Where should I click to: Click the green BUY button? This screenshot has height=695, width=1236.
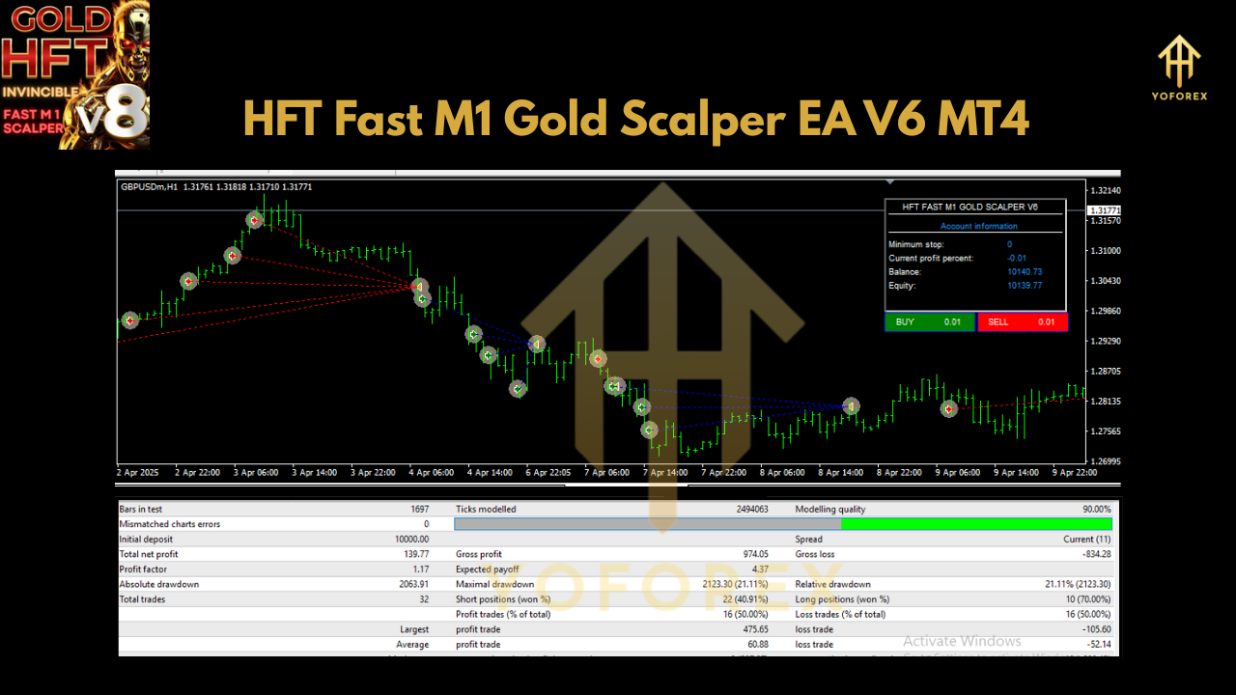[929, 322]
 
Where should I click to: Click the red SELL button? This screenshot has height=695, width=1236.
[1022, 322]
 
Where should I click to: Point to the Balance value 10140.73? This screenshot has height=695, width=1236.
[1024, 272]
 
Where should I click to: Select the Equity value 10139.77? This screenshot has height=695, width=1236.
[1024, 286]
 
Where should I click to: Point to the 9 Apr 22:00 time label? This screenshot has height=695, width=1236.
[1074, 473]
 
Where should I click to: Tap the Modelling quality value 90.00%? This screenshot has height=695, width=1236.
[1091, 509]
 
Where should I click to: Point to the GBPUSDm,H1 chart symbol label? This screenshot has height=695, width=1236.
[149, 187]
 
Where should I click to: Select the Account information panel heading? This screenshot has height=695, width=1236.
[978, 227]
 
